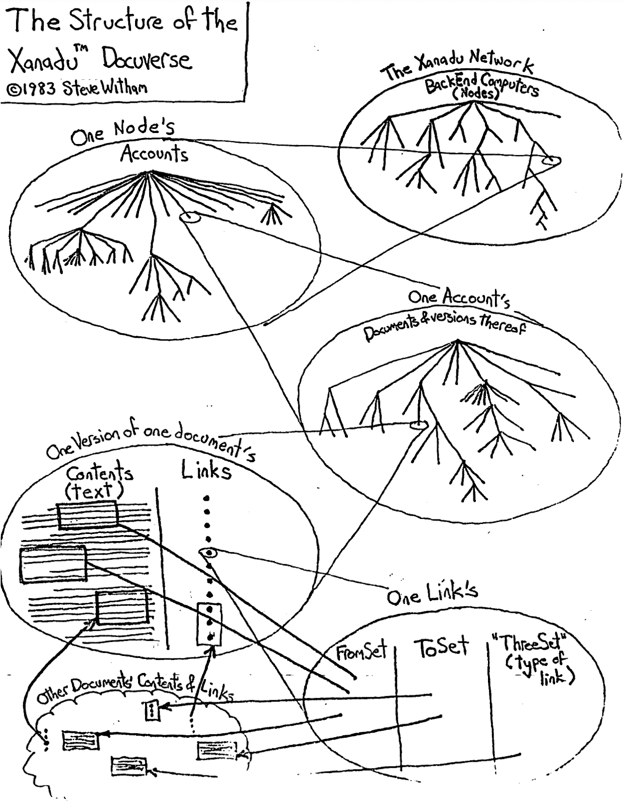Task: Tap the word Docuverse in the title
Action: click(147, 60)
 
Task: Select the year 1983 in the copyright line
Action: click(41, 88)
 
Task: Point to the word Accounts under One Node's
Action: click(154, 153)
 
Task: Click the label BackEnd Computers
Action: click(481, 84)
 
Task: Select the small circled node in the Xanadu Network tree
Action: click(551, 161)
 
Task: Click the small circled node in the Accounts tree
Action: click(189, 218)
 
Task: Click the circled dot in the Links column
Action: click(208, 552)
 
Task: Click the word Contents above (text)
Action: click(100, 473)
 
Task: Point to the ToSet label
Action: click(441, 647)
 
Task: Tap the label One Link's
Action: click(432, 594)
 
